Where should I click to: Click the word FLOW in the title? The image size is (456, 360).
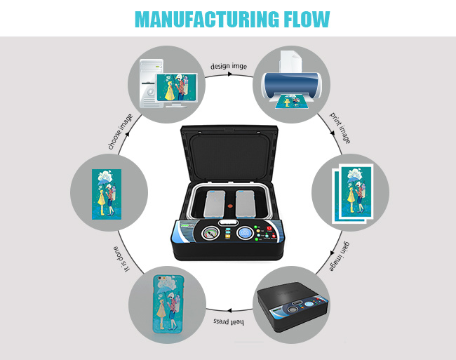click(307, 19)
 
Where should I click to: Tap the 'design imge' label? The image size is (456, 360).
click(229, 66)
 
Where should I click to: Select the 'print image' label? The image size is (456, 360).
click(340, 128)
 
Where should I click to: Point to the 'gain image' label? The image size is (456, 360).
click(339, 256)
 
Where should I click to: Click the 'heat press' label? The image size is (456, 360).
click(229, 321)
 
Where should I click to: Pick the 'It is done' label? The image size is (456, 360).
click(121, 259)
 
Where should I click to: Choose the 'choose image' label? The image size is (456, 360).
click(121, 132)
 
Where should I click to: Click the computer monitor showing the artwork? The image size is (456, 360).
click(177, 90)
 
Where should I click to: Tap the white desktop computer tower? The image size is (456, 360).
click(152, 84)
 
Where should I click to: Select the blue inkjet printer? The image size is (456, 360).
click(291, 86)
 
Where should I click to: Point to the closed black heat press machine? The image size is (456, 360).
click(293, 306)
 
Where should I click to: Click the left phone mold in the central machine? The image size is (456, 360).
click(215, 204)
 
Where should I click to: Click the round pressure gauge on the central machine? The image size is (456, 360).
click(210, 233)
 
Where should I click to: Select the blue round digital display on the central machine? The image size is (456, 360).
click(245, 233)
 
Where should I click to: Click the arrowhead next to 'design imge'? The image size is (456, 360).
click(229, 74)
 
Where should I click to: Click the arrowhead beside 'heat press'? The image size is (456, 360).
click(229, 311)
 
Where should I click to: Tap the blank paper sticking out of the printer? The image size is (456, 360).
click(290, 62)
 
